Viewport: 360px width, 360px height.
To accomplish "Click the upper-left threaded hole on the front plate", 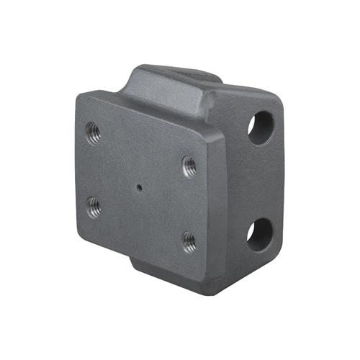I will coord(93,132).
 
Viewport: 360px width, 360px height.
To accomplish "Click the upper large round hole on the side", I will coord(260,127).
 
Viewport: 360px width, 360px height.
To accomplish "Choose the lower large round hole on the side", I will coord(260,234).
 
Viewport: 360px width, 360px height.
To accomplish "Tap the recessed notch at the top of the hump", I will coord(187,73).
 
